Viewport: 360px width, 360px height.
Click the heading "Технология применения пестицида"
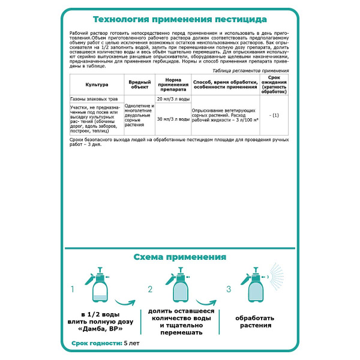[179, 18]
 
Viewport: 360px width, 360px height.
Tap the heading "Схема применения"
[179, 257]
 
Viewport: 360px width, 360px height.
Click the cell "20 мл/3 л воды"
[172, 98]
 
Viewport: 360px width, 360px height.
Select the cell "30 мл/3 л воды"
[172, 119]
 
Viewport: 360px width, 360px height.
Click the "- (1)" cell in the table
[274, 115]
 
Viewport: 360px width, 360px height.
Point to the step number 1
[73, 289]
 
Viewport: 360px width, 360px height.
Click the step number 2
[151, 289]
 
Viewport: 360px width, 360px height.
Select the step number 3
[229, 289]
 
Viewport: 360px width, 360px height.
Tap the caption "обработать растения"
[256, 321]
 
